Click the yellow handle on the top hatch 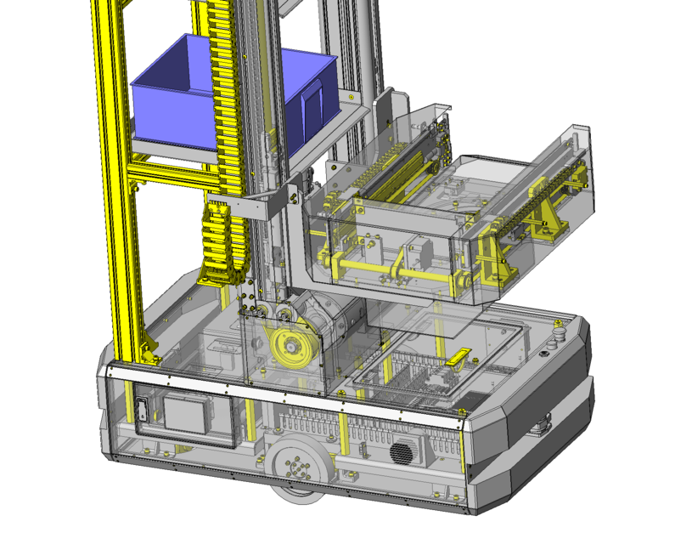[x=458, y=359]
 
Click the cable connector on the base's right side [x=540, y=425]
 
